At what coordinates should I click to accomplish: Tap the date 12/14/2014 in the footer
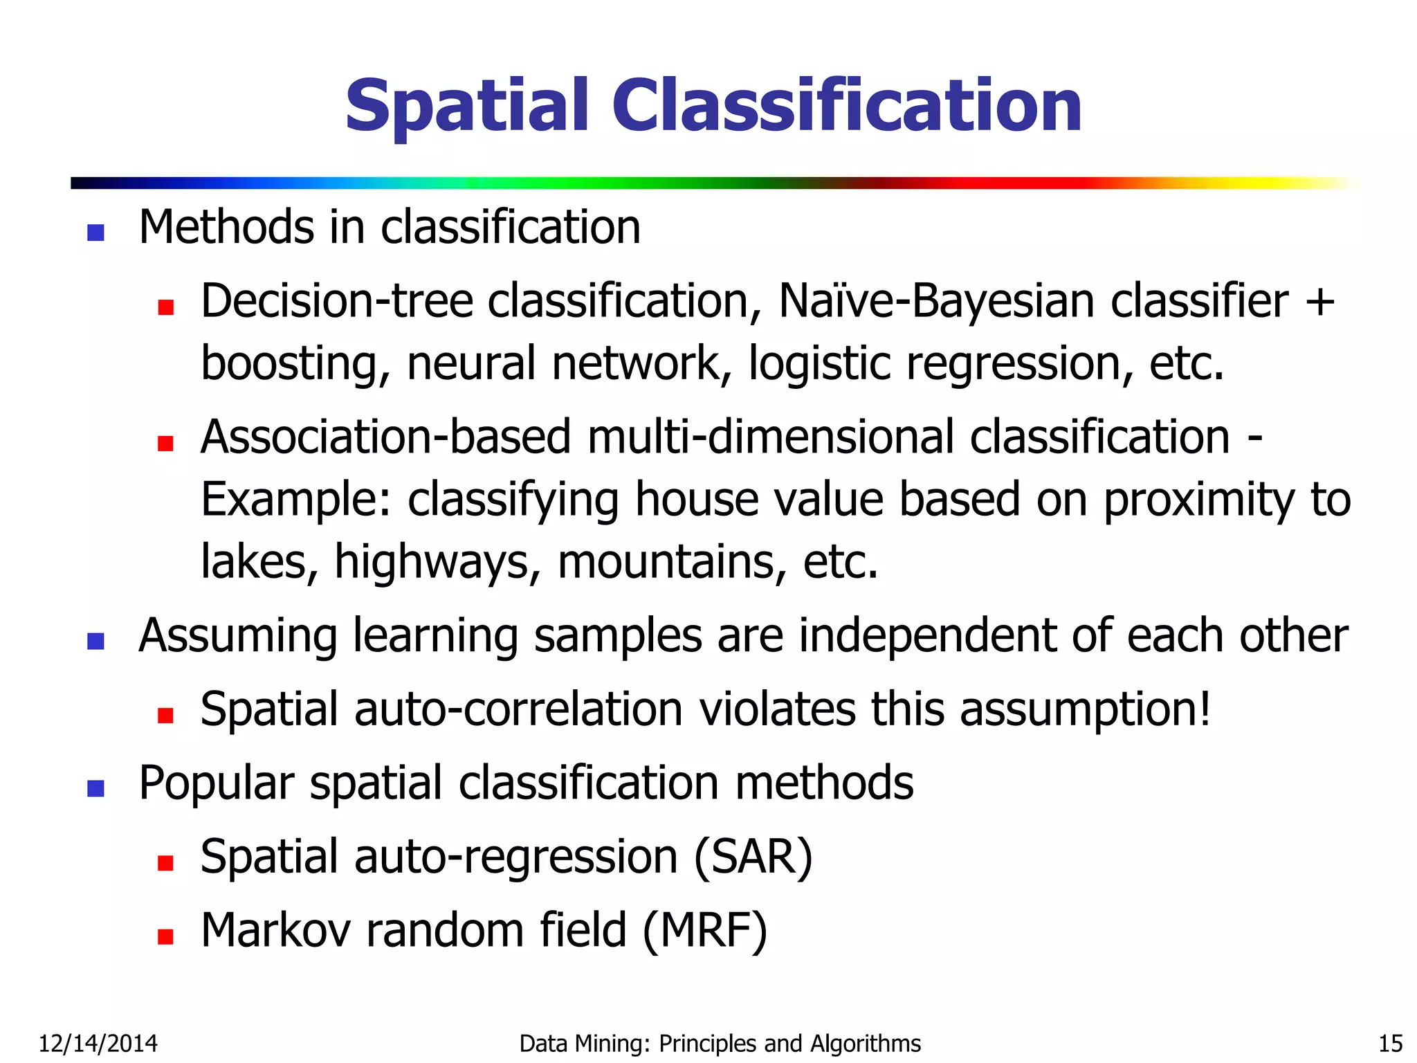click(x=98, y=1043)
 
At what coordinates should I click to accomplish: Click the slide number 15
click(x=1390, y=1043)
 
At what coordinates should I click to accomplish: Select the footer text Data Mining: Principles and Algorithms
click(x=720, y=1043)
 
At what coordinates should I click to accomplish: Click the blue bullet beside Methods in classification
click(x=95, y=232)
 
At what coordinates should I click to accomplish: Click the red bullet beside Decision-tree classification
click(x=165, y=306)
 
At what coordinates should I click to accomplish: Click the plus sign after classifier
click(x=1319, y=303)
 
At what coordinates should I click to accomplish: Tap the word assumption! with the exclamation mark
click(x=1085, y=710)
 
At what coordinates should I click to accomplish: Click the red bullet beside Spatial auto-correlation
click(x=165, y=714)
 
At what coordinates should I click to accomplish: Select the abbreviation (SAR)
click(x=753, y=857)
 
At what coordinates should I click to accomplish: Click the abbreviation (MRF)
click(x=705, y=931)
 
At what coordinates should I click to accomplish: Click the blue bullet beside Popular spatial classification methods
click(x=95, y=788)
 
